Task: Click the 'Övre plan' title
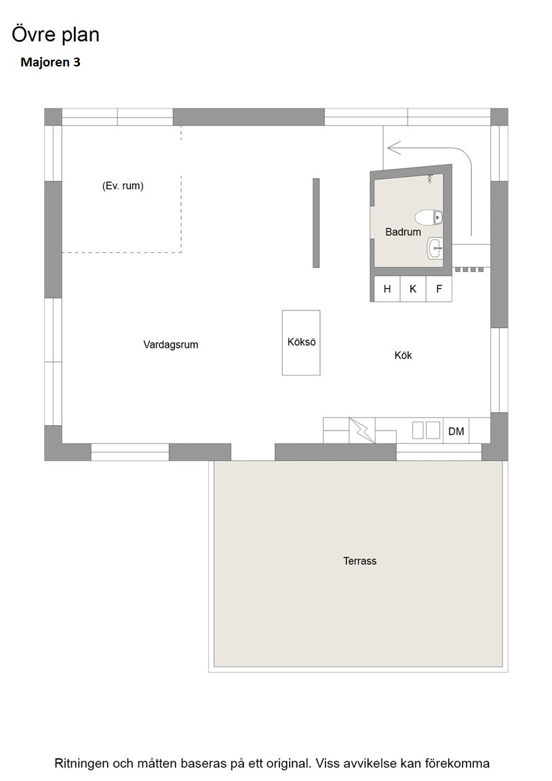coord(56,35)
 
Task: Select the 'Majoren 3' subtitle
coord(50,62)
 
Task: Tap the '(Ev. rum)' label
coord(123,186)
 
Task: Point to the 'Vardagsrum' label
coord(171,344)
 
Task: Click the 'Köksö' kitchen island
coord(301,342)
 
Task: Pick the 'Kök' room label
coord(403,355)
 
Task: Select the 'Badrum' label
coord(403,232)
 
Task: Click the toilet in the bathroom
coord(429,217)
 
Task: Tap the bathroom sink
coord(435,247)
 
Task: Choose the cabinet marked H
coord(387,289)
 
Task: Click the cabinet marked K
coord(413,289)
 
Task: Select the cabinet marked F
coord(439,289)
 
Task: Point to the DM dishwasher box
coord(456,431)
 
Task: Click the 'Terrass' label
coord(359,561)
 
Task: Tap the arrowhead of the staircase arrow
coord(394,148)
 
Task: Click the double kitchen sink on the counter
coord(426,430)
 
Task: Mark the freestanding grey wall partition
coord(316,222)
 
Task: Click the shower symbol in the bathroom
coord(429,179)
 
